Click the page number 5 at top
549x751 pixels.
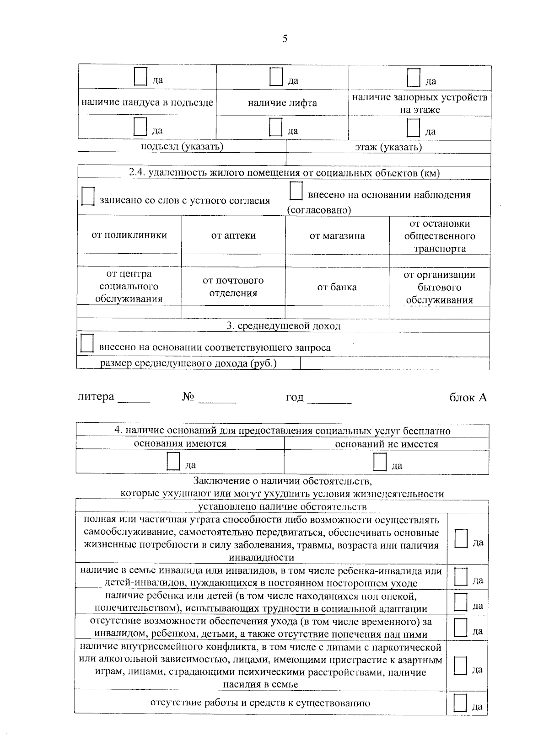285,39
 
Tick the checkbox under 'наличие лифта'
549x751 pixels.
276,127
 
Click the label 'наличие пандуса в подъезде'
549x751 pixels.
147,102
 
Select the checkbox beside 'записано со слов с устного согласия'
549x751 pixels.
88,196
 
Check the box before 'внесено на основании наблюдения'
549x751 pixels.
296,191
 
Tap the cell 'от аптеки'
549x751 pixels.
233,236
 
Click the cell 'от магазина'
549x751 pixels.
337,236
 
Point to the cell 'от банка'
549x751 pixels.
337,288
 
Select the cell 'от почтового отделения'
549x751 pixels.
233,287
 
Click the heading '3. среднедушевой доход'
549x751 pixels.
284,326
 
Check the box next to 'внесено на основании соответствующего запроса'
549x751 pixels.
86,343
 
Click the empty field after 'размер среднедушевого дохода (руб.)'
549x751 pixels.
394,363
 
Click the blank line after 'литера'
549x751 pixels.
134,399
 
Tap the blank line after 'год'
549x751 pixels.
329,399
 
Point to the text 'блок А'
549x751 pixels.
468,398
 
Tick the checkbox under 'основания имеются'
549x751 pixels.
173,462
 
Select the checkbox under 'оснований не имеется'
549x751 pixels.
380,462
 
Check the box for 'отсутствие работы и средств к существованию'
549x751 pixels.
460,703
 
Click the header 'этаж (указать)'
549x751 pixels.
388,147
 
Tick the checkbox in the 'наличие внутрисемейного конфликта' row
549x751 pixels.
460,666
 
